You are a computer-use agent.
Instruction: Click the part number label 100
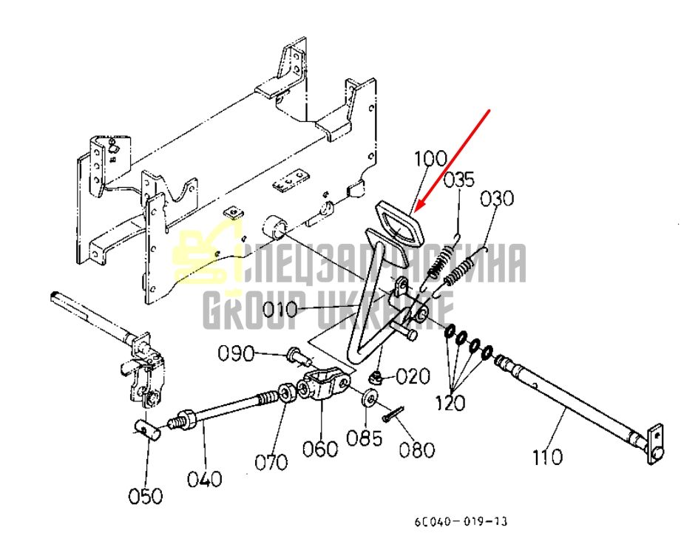coord(431,160)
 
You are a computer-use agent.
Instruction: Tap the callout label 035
coord(459,180)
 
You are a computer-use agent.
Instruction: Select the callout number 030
coord(496,199)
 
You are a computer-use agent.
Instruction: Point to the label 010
coord(279,309)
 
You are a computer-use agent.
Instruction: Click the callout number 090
coord(235,354)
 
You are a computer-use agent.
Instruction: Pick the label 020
coord(413,376)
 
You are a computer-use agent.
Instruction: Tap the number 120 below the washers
coord(450,403)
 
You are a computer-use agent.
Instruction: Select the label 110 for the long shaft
coord(547,457)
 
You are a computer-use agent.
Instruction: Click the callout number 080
coord(417,450)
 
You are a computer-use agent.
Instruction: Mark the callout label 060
coord(320,449)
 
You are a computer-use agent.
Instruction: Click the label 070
coord(271,463)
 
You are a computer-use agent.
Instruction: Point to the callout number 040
coord(204,479)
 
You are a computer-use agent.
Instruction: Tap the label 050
coord(146,496)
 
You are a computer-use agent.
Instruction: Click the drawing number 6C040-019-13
coord(461,521)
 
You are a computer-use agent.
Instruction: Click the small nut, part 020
coord(376,378)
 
